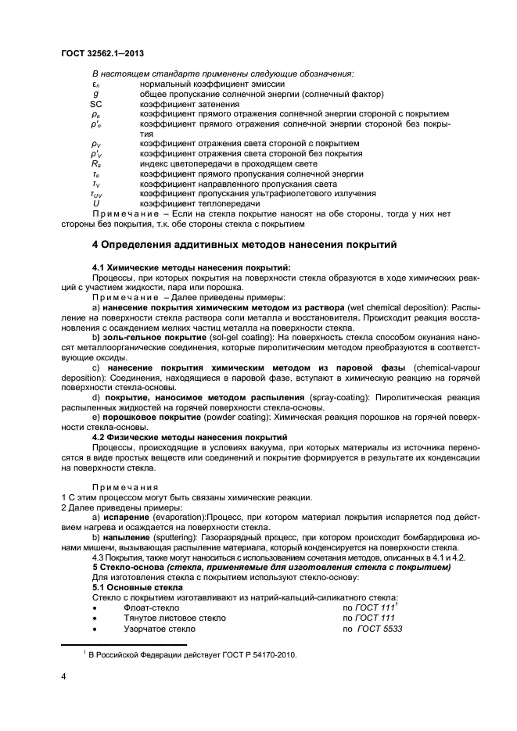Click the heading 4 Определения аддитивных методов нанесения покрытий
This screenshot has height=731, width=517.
tap(246, 245)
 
